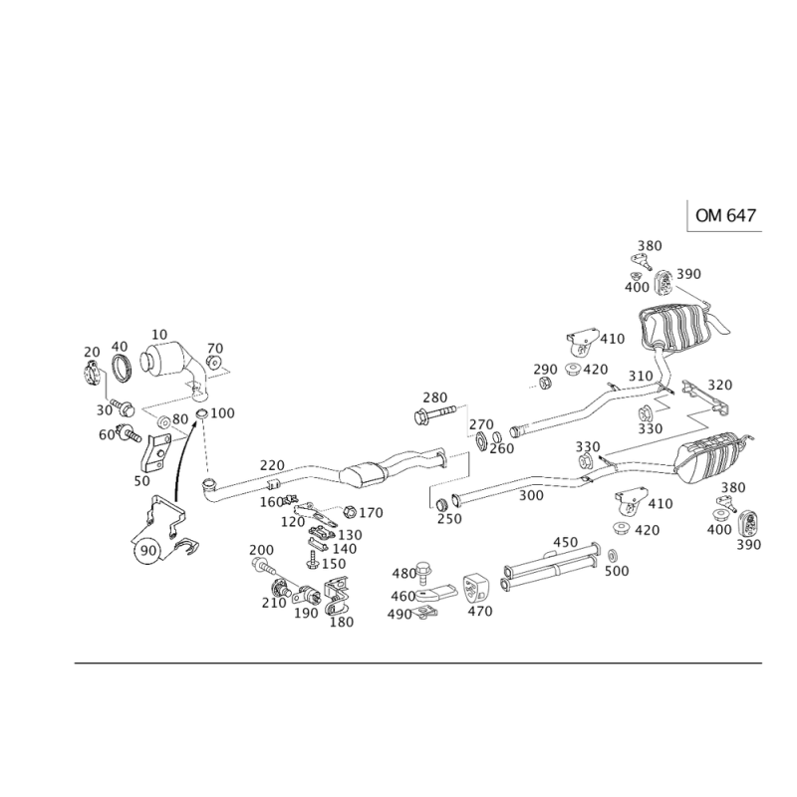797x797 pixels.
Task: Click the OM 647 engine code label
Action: click(x=725, y=215)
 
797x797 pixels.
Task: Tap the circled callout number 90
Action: click(x=147, y=551)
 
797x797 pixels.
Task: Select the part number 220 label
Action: click(x=272, y=465)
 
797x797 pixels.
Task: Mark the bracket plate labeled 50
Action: click(x=154, y=453)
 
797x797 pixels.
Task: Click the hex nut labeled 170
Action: click(x=350, y=511)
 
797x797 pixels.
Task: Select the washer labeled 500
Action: click(x=613, y=554)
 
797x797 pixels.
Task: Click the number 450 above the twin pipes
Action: click(x=565, y=542)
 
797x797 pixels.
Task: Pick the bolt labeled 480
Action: click(x=423, y=573)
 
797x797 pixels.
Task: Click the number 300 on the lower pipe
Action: click(x=531, y=495)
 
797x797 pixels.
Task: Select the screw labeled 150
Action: click(x=312, y=561)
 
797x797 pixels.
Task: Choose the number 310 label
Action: click(x=641, y=377)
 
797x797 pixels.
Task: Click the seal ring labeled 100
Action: click(x=202, y=413)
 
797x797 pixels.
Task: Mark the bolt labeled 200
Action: click(x=261, y=564)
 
